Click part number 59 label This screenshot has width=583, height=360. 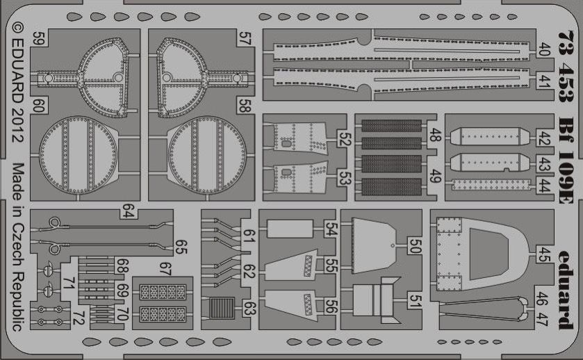pyautogui.click(x=38, y=38)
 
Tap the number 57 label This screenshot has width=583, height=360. pyautogui.click(x=245, y=38)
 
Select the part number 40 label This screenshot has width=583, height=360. pyautogui.click(x=543, y=49)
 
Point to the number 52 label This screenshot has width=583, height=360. pyautogui.click(x=345, y=139)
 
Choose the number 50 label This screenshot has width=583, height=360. pyautogui.click(x=415, y=246)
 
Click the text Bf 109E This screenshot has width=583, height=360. pyautogui.click(x=566, y=161)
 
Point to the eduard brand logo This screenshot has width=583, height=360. pyautogui.click(x=566, y=290)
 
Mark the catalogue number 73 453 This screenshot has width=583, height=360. pyautogui.click(x=566, y=67)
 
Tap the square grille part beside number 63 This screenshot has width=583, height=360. pyautogui.click(x=222, y=309)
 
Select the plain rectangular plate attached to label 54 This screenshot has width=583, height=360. pyautogui.click(x=290, y=229)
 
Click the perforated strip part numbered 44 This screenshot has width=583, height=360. pyautogui.click(x=491, y=185)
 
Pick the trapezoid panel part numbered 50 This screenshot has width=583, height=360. pyautogui.click(x=373, y=245)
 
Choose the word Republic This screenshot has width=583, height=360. pyautogui.click(x=17, y=302)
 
